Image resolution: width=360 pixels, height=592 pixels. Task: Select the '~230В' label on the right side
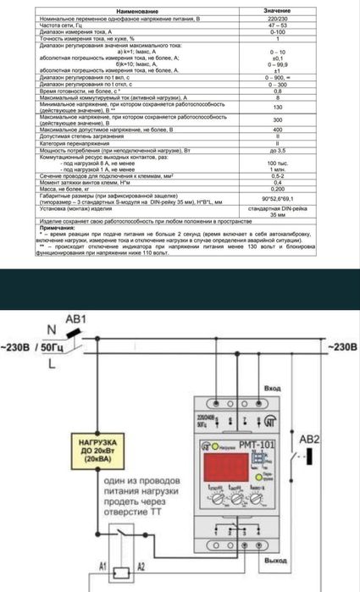click(339, 346)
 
